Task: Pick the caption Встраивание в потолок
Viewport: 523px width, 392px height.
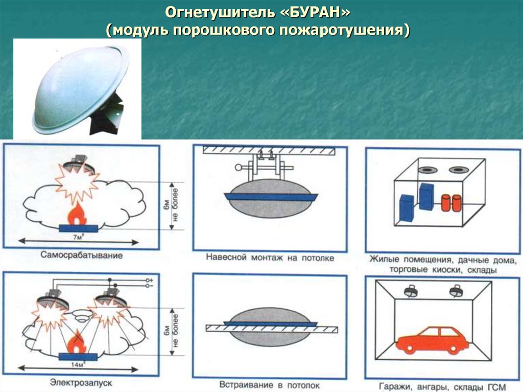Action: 270,384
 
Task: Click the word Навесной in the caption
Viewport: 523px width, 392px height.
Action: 227,258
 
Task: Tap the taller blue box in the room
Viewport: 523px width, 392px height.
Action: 425,196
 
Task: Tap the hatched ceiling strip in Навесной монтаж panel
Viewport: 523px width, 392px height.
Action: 269,150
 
